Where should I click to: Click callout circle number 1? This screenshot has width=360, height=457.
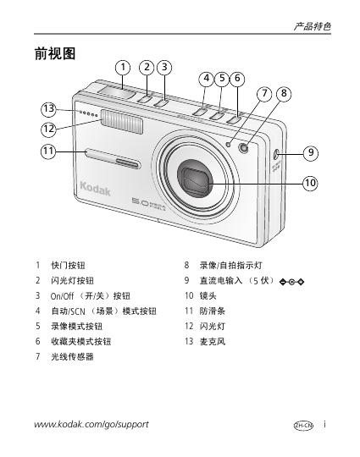pos(123,68)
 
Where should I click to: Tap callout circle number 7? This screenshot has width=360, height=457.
pos(264,94)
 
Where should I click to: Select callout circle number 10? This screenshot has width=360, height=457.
pos(310,183)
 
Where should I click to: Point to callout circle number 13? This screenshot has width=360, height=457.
pos(48,109)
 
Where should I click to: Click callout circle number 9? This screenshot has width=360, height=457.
pos(311,152)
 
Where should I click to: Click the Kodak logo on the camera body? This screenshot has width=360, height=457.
pos(95,189)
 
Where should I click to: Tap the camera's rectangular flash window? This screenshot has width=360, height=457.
pos(122,122)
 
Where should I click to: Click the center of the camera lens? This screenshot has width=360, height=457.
pos(195,178)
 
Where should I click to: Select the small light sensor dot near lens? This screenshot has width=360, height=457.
pos(229,144)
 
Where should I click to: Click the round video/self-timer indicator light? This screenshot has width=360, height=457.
pos(243,148)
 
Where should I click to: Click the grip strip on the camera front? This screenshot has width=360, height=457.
pos(114,158)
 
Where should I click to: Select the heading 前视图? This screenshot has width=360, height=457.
pos(55,53)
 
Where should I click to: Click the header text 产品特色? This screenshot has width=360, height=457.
pos(313,26)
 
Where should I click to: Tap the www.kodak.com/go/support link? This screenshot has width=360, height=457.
pos(91,424)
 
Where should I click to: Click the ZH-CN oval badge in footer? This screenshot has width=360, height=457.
pos(303,426)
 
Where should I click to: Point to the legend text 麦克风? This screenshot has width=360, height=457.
pos(213,341)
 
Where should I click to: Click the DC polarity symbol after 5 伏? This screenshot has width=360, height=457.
pos(291,282)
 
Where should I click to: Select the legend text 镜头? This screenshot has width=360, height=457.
pos(208,296)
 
